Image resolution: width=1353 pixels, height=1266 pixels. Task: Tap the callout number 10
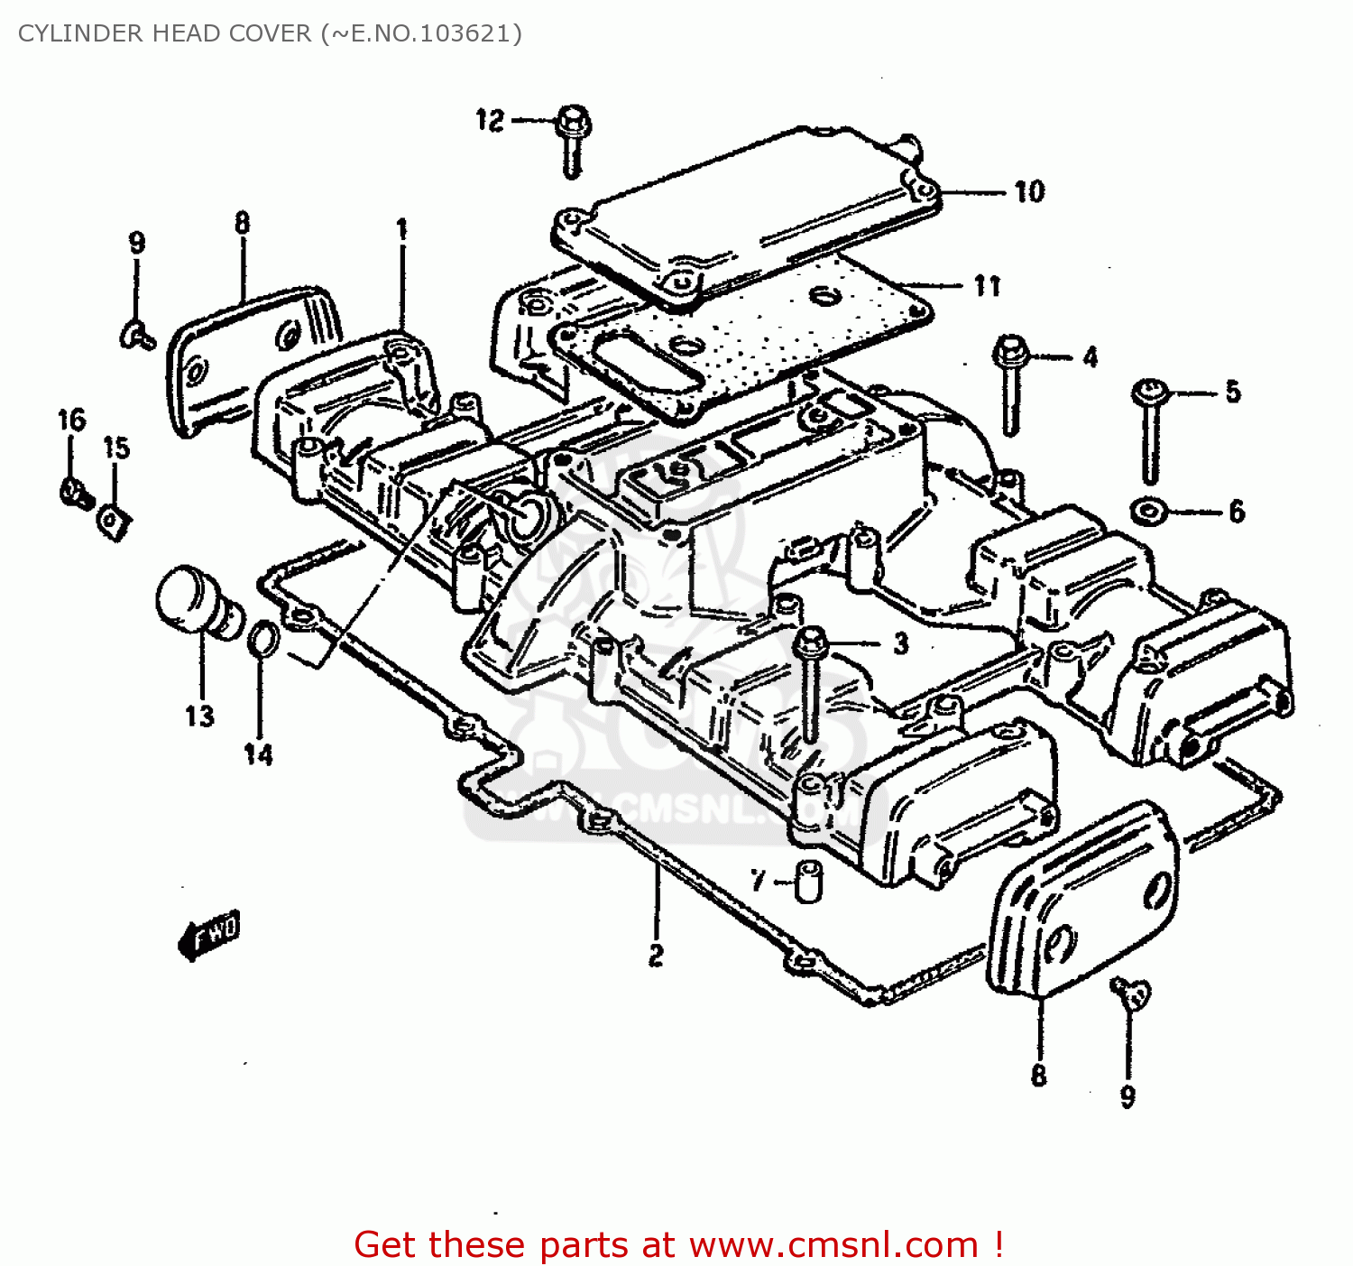(x=1028, y=191)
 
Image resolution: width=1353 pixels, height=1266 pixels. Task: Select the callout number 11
(x=987, y=286)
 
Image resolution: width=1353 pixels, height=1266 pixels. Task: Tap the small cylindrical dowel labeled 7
(x=807, y=881)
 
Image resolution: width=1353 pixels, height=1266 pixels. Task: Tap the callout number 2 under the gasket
(x=656, y=954)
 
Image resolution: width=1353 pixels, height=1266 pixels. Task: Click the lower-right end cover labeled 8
(x=1082, y=902)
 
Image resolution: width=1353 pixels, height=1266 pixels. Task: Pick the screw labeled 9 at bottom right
(x=1131, y=993)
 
